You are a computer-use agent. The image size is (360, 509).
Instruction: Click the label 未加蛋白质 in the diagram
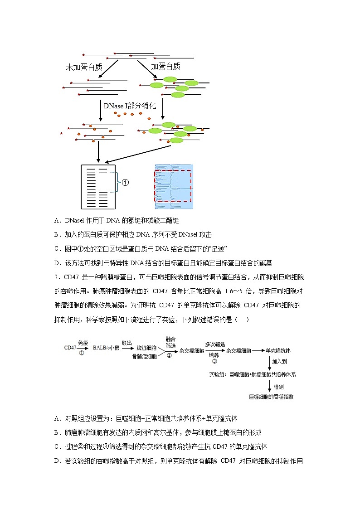(x=84, y=67)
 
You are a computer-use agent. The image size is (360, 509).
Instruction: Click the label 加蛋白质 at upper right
(x=165, y=66)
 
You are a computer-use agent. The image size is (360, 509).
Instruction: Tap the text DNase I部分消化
(x=130, y=106)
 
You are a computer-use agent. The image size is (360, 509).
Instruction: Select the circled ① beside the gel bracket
(x=126, y=183)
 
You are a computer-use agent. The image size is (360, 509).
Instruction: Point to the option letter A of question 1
(x=57, y=221)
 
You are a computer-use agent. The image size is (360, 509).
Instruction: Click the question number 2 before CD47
(x=56, y=277)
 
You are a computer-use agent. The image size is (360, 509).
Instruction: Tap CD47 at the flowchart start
(x=70, y=348)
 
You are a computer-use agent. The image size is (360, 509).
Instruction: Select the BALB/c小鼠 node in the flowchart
(x=106, y=348)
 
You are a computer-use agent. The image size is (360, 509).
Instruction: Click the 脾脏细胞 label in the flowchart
(x=146, y=348)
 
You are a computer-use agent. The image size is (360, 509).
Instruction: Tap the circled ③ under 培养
(x=214, y=362)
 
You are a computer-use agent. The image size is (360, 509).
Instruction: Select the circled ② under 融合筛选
(x=169, y=356)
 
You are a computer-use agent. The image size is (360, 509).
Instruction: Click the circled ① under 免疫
(x=82, y=353)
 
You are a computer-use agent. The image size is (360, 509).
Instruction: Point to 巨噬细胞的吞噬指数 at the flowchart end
(x=271, y=397)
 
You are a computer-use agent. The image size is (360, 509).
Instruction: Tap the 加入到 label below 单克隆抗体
(x=279, y=362)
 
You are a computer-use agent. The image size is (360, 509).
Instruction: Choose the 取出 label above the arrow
(x=126, y=343)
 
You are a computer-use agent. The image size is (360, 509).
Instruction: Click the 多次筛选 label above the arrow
(x=215, y=344)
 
